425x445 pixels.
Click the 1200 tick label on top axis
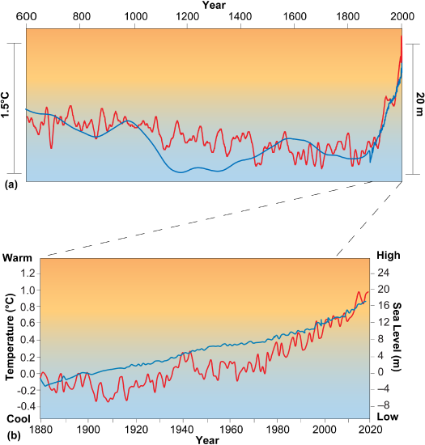pyautogui.click(x=187, y=17)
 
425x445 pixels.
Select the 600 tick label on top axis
pyautogui.click(x=27, y=17)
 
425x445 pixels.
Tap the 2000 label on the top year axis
pyautogui.click(x=400, y=17)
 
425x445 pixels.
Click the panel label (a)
pyautogui.click(x=11, y=184)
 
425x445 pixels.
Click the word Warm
pyautogui.click(x=19, y=257)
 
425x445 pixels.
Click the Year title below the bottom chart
pyautogui.click(x=206, y=439)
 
